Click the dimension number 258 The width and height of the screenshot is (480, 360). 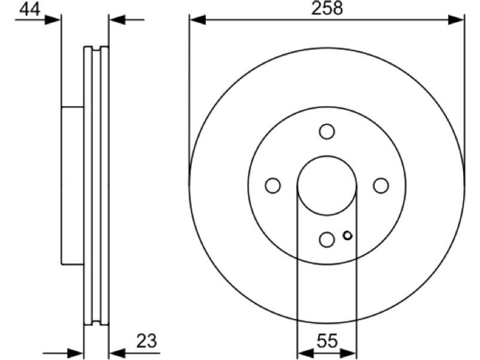pos(327,8)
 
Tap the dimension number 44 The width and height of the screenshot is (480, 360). pos(29,9)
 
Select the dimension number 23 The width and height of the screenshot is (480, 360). pos(146,341)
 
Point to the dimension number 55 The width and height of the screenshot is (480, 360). pos(326,341)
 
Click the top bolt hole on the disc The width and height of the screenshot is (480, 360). pos(326,131)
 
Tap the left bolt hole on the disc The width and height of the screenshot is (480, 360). pos(273,185)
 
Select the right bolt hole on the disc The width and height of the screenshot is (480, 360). pos(381,185)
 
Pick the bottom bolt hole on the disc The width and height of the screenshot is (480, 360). pos(326,239)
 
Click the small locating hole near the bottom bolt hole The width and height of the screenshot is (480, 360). pos(347,235)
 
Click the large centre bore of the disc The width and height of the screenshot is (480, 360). pos(326,185)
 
